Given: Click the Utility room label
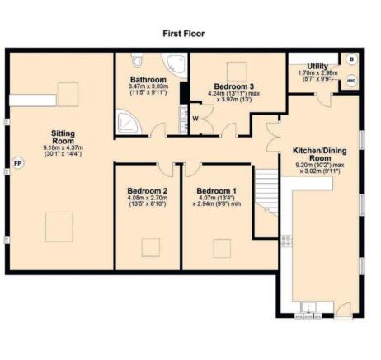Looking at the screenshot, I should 317,66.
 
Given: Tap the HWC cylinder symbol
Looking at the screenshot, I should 350,81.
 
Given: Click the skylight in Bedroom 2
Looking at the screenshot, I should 149,245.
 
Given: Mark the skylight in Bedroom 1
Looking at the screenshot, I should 221,245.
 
